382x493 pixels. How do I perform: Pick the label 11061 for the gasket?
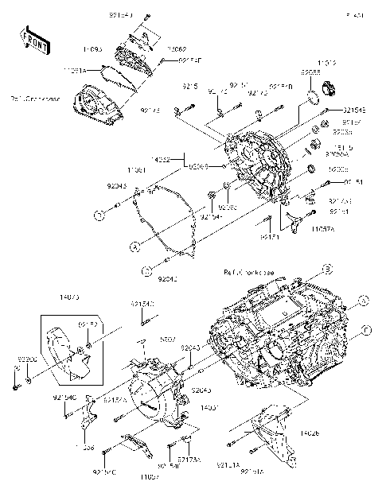[136, 170]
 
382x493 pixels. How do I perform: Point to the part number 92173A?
[189, 460]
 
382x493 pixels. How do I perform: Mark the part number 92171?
[269, 236]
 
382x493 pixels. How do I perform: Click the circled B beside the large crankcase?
[326, 269]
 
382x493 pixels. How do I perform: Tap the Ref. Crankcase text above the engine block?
[250, 272]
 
